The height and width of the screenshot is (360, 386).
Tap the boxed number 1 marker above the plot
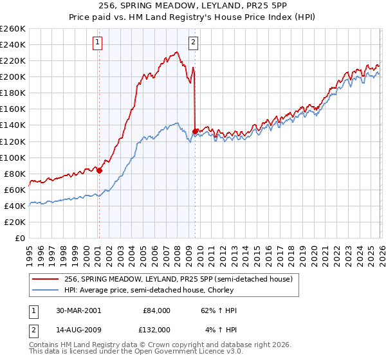click(x=97, y=43)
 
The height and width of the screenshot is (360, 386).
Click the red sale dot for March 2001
click(x=99, y=170)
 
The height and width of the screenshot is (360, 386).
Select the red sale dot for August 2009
click(x=195, y=132)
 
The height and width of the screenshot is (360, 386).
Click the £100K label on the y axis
click(x=13, y=157)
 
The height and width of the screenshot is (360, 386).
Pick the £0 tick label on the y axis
click(x=19, y=238)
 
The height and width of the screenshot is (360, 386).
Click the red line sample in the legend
click(x=46, y=279)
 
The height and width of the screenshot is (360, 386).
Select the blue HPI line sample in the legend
click(x=46, y=290)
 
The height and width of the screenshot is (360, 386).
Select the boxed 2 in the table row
click(x=33, y=329)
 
